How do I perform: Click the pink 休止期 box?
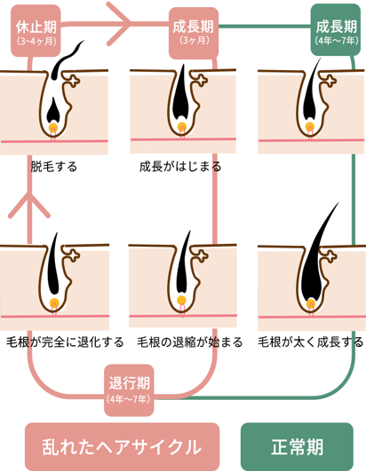pos(36,31)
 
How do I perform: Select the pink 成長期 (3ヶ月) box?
pos(194,33)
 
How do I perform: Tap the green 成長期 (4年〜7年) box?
pos(336,29)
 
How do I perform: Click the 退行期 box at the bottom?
pos(129,390)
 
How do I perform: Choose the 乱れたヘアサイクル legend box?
pos(122,447)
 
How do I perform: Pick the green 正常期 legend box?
pos(297,447)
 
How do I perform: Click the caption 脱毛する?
pos(54,167)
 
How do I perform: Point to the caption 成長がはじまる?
pos(180,167)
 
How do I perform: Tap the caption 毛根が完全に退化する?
pos(65,342)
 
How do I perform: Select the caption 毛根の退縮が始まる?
pos(190,342)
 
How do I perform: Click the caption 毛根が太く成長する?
pos(311,342)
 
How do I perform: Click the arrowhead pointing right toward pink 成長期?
pos(120,24)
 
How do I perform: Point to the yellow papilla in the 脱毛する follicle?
pos(53,128)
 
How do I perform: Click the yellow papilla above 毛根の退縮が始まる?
pos(181,301)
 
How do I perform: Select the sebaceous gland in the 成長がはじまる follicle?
pos(202,81)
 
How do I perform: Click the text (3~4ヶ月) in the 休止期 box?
pos(36,41)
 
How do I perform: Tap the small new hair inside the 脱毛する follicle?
pos(53,110)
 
